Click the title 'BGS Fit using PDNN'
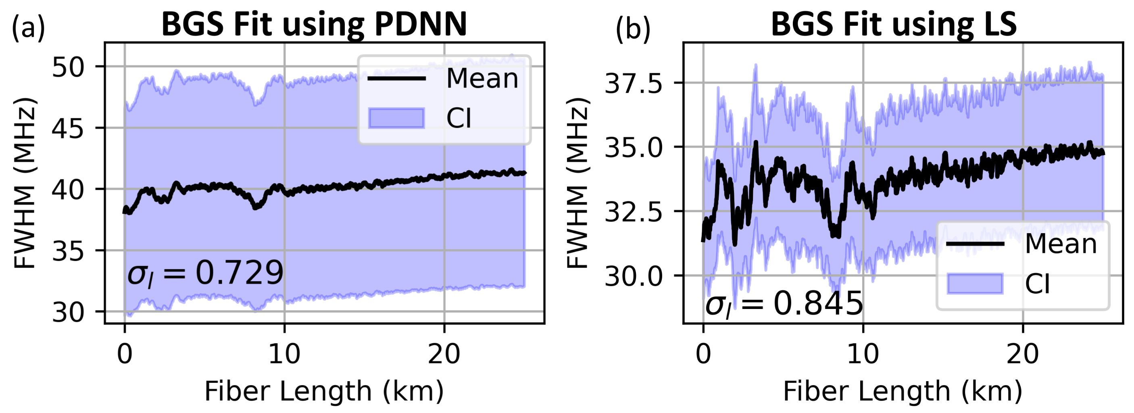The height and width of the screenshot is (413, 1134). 314,24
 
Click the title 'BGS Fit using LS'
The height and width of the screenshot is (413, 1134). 894,24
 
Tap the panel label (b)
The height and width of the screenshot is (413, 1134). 633,30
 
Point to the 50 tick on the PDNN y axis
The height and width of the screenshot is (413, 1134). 68,67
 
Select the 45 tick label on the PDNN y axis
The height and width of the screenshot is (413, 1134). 68,129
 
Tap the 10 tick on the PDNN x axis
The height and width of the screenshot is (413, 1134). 284,354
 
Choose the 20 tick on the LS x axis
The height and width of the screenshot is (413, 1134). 1023,354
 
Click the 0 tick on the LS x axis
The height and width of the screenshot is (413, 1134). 703,354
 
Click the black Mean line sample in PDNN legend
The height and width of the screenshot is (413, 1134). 397,79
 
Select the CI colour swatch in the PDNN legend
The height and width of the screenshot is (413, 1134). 397,118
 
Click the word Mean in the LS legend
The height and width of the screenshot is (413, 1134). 1061,244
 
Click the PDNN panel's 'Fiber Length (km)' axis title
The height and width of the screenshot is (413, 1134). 324,391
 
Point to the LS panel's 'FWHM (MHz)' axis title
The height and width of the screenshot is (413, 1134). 577,183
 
